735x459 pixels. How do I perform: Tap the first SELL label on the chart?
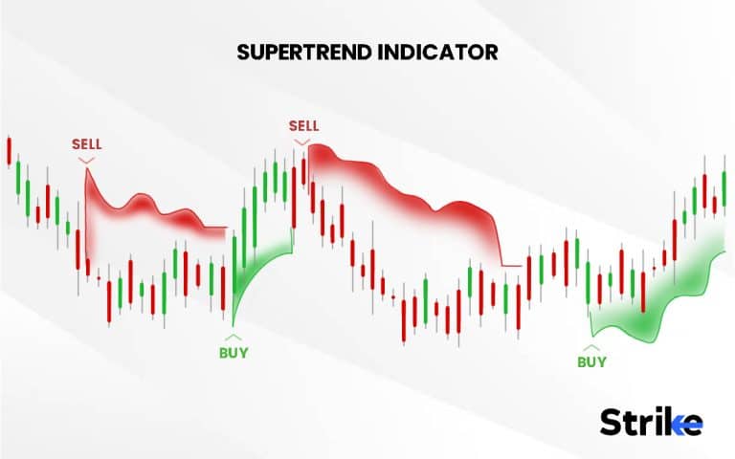(x=86, y=144)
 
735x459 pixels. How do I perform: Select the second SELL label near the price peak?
(x=303, y=125)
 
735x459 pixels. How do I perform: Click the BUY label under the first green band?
(x=233, y=353)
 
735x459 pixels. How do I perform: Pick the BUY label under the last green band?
(x=591, y=362)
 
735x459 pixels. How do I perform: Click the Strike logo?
(x=651, y=421)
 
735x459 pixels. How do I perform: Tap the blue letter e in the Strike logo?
(x=691, y=422)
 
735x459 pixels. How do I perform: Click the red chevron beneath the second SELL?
(x=303, y=142)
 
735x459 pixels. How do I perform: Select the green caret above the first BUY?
(x=233, y=338)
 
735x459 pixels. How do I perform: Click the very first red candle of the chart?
(x=9, y=150)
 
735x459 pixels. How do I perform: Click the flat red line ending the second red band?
(x=511, y=265)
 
